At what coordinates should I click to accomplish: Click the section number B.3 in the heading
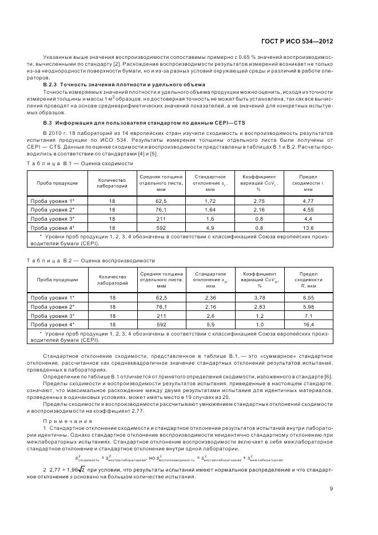coord(48,122)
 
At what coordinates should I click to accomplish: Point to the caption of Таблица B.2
coord(91,261)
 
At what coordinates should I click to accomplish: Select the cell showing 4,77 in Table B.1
coord(308,201)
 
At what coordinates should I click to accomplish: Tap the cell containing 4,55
coord(308,209)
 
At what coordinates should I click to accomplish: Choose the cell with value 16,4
coord(308,324)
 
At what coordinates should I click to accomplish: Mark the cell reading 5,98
coord(308,306)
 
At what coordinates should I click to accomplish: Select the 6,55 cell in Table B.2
coord(308,298)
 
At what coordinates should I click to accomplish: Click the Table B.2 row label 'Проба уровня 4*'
coord(56,324)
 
